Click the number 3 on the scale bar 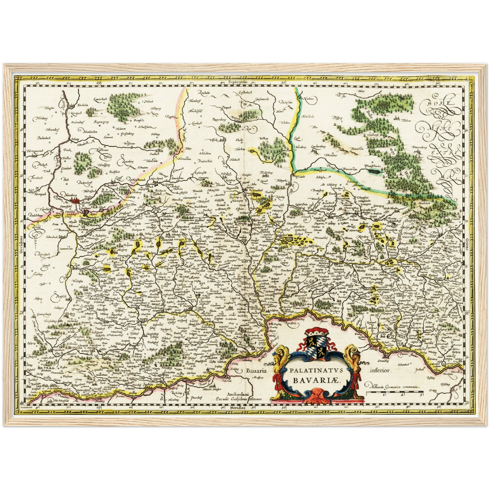point(421,394)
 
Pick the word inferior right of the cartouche point(381,371)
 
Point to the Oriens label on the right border point(467,243)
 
